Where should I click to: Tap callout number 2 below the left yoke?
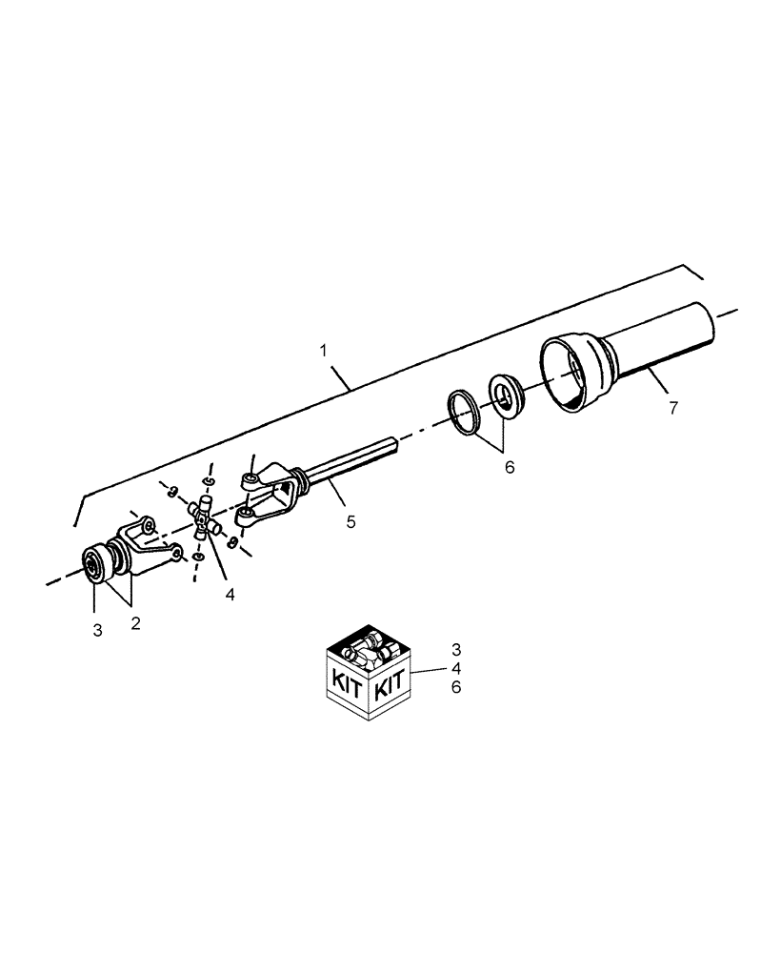tap(135, 623)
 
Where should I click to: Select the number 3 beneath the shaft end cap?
tap(97, 630)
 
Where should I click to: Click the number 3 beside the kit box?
tap(456, 649)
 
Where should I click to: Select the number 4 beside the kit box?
tap(456, 668)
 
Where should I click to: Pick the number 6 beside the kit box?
tap(456, 686)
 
